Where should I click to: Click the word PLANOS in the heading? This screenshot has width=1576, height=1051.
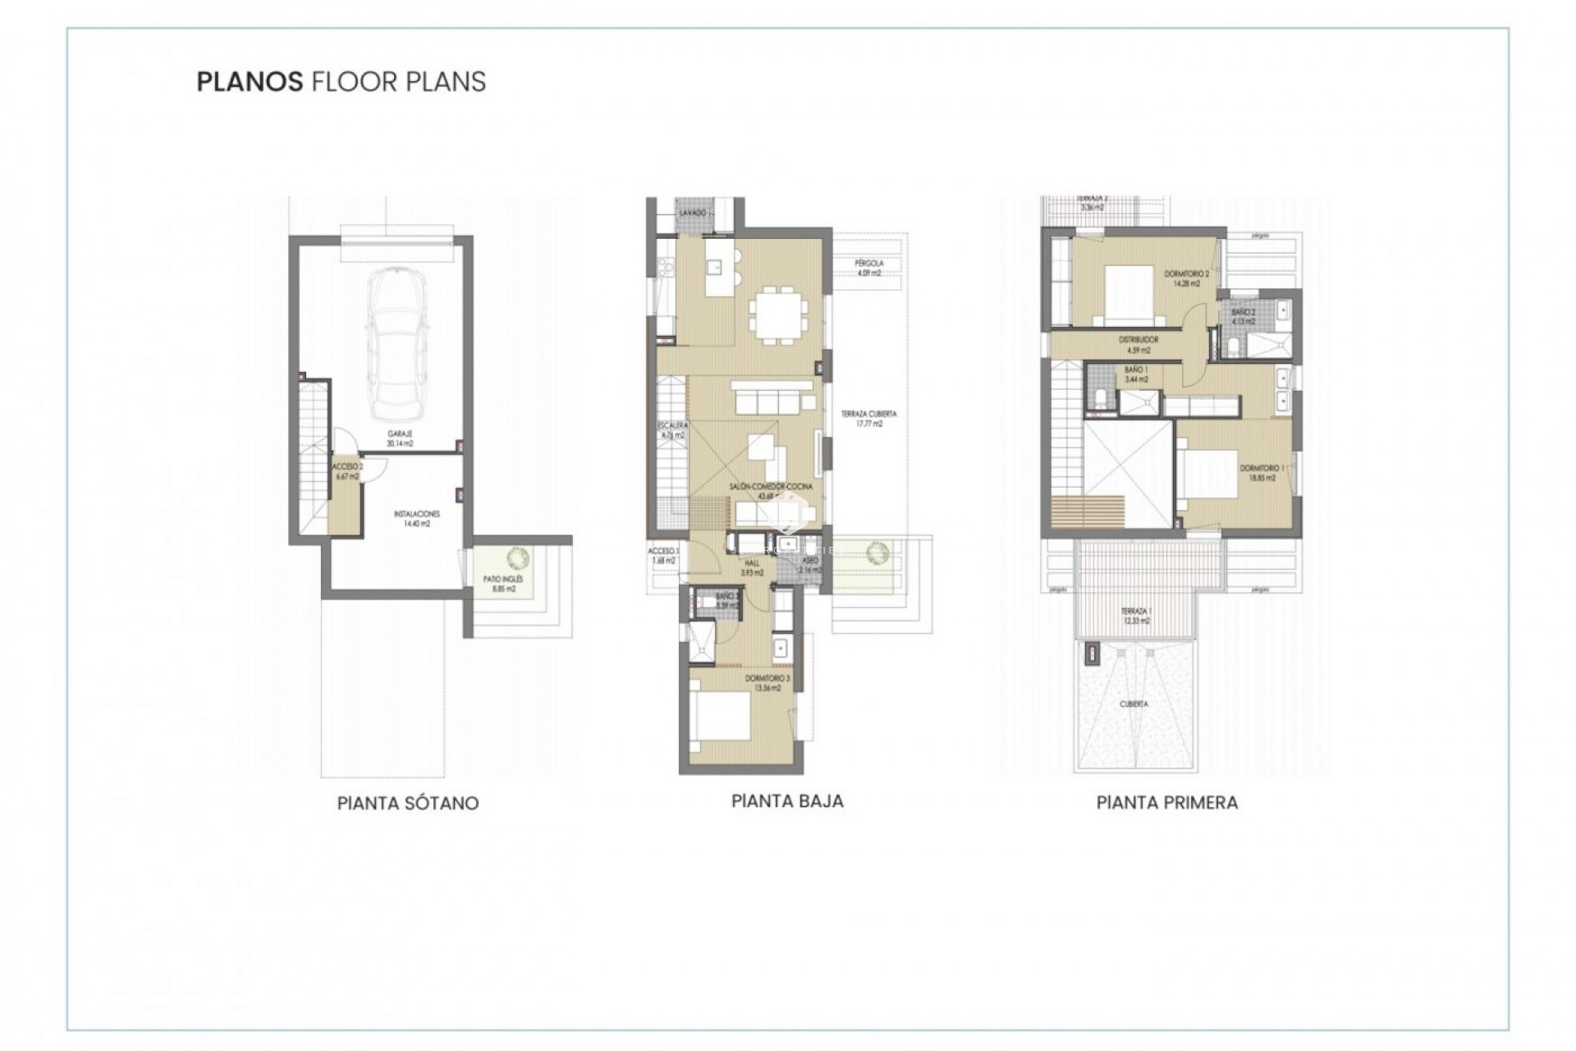tap(250, 82)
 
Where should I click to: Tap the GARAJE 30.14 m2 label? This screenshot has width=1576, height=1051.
tap(400, 438)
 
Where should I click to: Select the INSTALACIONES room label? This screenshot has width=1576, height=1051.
tap(416, 518)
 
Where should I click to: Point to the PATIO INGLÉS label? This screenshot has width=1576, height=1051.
tap(503, 584)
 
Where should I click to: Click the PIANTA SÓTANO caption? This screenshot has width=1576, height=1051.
tap(408, 803)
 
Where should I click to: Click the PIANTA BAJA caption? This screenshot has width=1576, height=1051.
tap(787, 801)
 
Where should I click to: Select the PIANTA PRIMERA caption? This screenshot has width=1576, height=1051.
tap(1166, 803)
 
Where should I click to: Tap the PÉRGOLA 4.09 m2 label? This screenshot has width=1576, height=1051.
tap(868, 268)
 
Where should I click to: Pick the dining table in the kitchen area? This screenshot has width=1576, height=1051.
tap(779, 313)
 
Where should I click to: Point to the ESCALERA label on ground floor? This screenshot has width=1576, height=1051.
tap(672, 430)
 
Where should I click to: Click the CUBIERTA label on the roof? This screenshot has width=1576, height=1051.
tap(1134, 704)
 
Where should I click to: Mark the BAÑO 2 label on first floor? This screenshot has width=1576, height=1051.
tap(1244, 317)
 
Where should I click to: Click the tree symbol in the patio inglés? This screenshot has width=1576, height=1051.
tap(518, 558)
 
